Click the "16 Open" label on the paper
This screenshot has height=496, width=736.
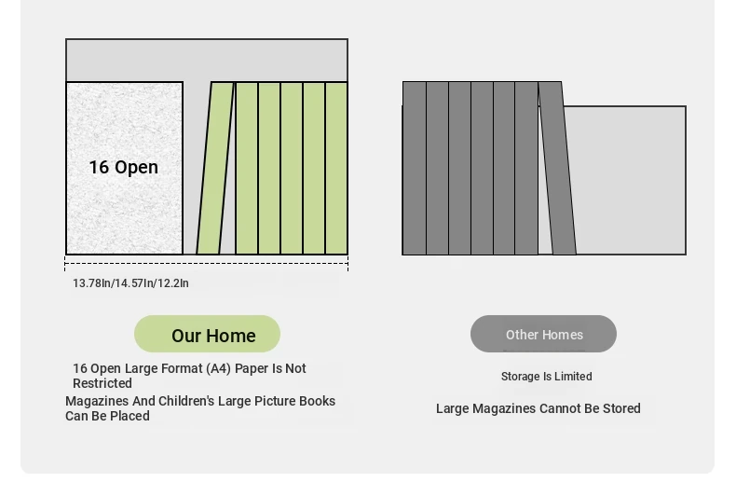point(124,167)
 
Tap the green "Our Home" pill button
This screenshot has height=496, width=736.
point(207,334)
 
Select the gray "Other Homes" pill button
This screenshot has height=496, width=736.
point(543,334)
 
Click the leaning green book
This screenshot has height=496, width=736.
point(215,168)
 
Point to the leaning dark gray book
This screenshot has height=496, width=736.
point(557,168)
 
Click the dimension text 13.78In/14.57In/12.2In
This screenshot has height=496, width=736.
point(130,283)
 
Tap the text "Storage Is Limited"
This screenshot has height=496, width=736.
point(546,377)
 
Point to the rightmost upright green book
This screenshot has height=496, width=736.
point(336,168)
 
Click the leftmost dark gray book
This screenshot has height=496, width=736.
point(415,168)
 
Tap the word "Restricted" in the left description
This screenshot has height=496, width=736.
point(102,383)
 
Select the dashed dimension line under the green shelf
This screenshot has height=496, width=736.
point(207,264)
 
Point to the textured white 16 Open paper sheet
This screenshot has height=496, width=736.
point(125,168)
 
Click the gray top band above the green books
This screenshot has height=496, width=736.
point(207,61)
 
